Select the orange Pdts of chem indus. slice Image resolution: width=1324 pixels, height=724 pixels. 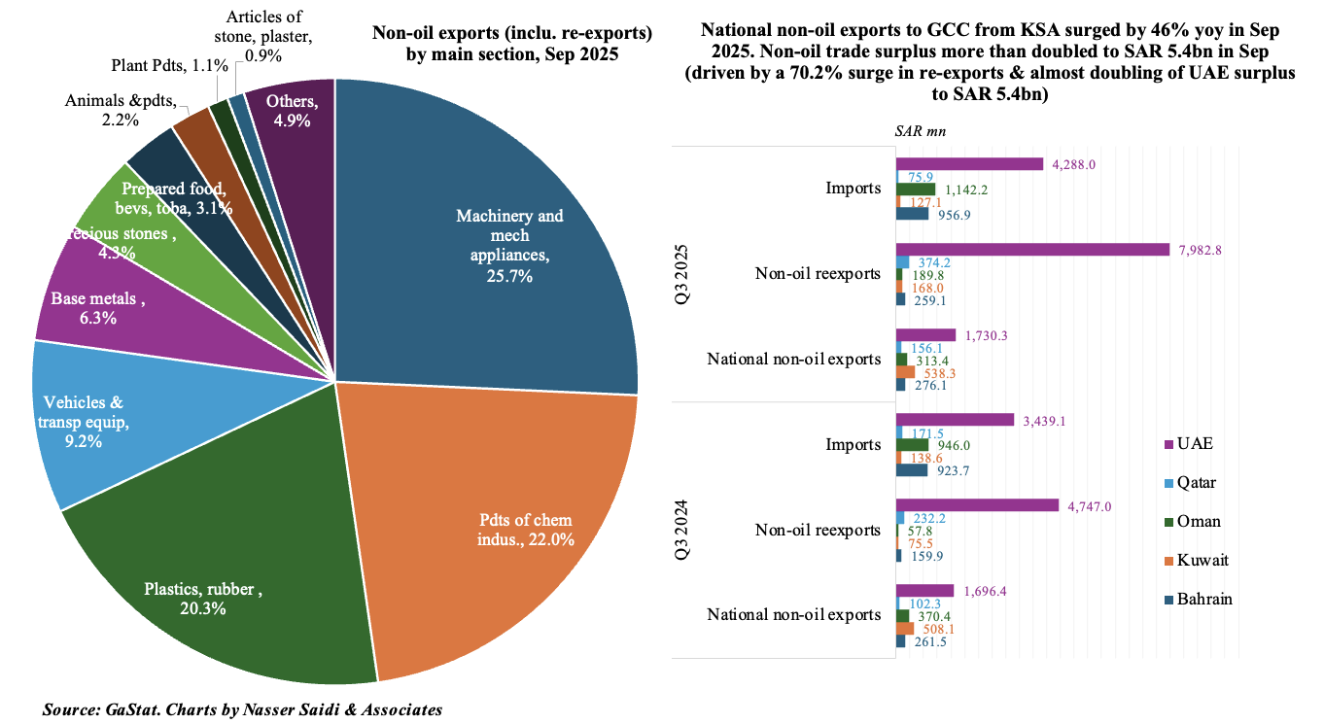click(x=505, y=525)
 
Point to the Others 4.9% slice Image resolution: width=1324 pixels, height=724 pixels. click(x=292, y=112)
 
